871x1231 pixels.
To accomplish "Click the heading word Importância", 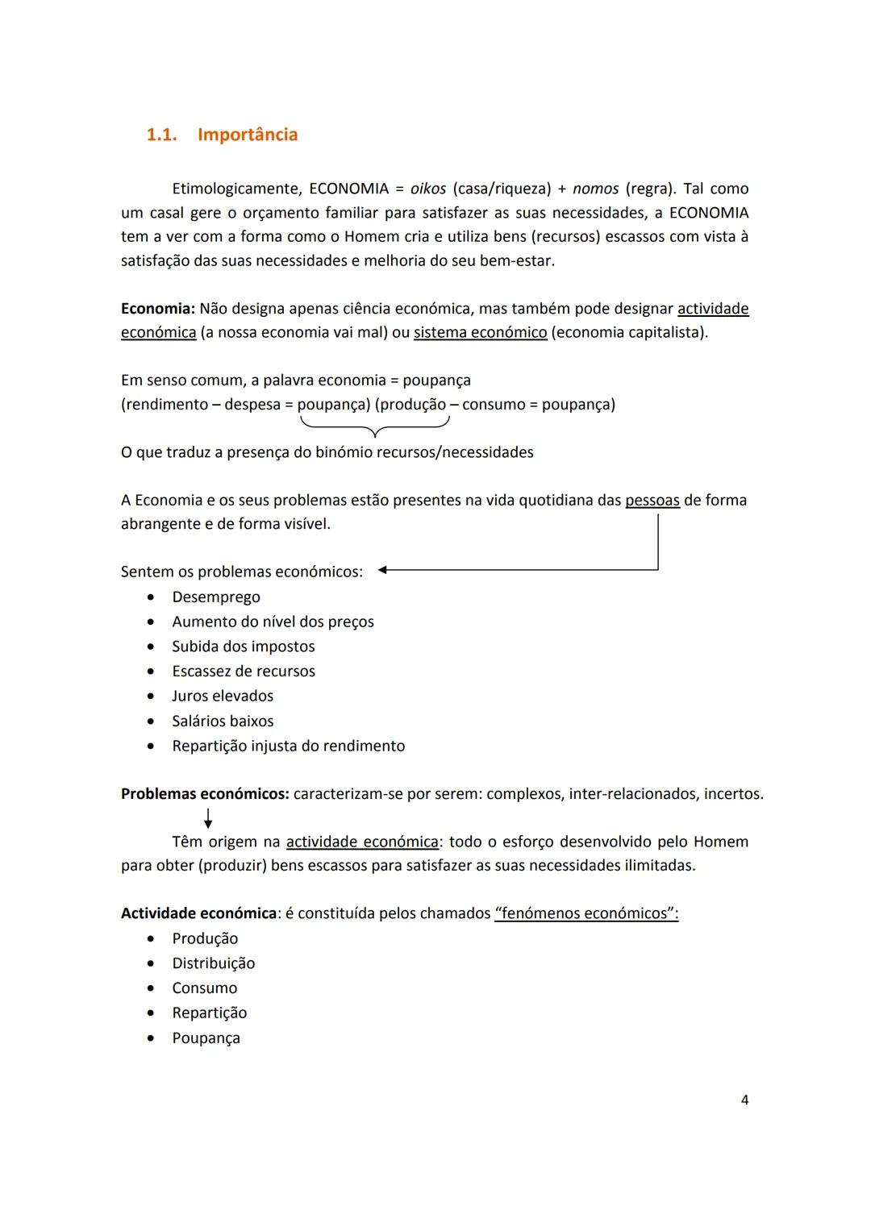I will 247,135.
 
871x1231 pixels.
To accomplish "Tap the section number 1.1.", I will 161,135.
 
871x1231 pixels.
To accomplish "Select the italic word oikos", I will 427,189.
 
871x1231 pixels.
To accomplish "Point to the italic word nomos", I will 595,189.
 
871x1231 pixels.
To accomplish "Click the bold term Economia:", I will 158,309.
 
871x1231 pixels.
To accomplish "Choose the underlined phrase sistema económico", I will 480,333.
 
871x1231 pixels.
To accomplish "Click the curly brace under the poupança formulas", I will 373,427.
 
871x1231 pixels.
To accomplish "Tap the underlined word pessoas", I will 652,501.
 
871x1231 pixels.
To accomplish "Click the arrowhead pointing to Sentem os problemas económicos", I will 383,571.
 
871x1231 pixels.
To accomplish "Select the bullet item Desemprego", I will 215,597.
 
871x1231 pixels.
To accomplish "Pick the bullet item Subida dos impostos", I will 243,647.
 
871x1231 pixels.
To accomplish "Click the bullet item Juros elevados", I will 223,696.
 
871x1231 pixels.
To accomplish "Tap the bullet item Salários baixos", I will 223,722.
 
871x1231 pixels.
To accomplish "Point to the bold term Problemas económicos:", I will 205,794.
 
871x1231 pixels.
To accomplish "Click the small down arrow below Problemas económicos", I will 208,820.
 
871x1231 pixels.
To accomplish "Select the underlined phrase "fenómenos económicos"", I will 586,913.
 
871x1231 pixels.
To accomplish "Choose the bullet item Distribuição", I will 213,963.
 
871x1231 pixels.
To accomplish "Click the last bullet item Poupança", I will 206,1038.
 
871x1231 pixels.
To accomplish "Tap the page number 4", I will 744,1100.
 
